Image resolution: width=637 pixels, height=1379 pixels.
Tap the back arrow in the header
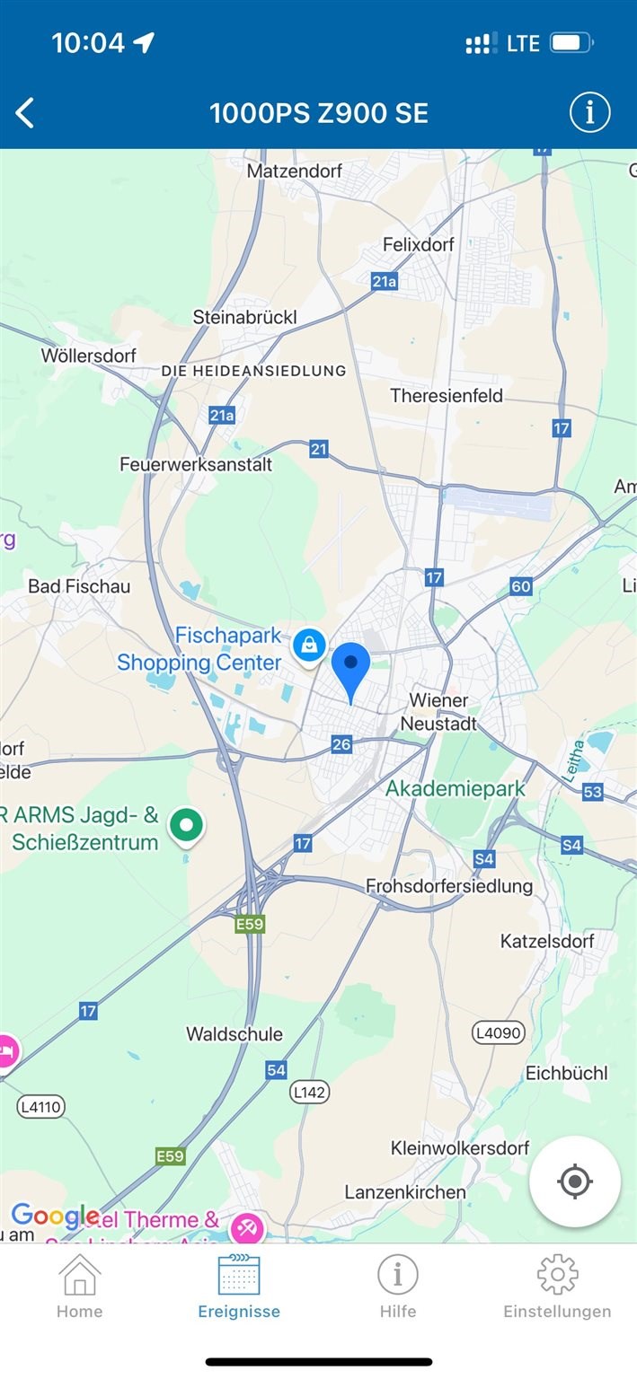tap(25, 113)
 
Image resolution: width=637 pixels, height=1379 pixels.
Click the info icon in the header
tap(589, 113)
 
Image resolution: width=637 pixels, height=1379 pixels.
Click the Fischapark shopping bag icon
tap(309, 645)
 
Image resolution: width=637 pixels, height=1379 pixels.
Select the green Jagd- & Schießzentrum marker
tap(188, 824)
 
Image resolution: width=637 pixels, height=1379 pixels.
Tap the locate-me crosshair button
tap(575, 1181)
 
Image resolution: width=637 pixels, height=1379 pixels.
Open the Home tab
tap(79, 1287)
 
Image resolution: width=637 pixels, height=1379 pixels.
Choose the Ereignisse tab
tap(239, 1287)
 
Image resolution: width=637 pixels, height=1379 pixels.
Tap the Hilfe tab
tap(397, 1287)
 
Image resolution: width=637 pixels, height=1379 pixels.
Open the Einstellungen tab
tap(557, 1287)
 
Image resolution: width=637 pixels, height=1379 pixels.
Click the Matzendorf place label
tap(295, 171)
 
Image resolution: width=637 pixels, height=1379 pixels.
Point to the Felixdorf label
tap(419, 244)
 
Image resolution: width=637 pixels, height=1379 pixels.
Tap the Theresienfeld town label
tap(447, 396)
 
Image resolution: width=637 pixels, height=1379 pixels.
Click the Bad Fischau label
tap(79, 586)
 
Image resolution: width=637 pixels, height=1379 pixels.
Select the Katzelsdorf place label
tap(547, 942)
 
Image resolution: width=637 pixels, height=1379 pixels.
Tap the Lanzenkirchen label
tap(405, 1192)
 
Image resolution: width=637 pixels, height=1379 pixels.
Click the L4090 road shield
tap(499, 1032)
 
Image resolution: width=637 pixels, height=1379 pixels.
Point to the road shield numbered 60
tap(521, 587)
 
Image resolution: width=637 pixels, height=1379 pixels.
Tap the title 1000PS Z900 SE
tap(319, 113)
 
